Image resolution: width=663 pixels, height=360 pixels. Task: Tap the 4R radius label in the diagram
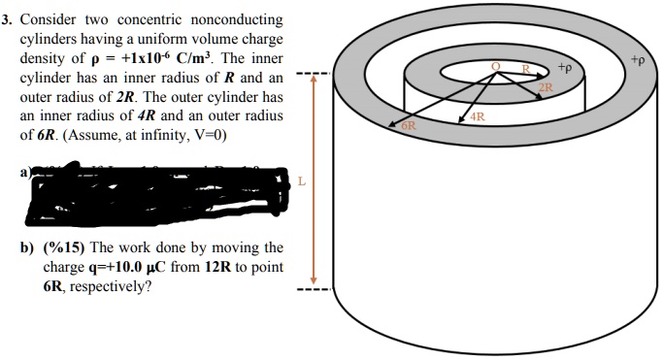[476, 117]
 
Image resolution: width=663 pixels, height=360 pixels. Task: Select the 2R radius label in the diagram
[546, 87]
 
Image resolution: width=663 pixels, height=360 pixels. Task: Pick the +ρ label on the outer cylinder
[636, 59]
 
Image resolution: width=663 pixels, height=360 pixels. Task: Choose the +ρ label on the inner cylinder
[566, 68]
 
